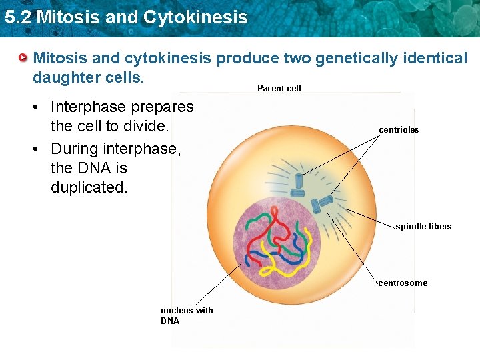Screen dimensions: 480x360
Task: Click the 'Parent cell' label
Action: (x=279, y=88)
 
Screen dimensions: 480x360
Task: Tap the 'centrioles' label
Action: (x=399, y=129)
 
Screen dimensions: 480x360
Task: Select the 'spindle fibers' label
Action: (x=423, y=226)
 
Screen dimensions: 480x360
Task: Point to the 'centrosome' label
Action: (x=403, y=283)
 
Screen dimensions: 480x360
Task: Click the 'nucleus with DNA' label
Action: (x=187, y=315)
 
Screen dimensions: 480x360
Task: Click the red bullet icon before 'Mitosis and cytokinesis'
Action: (x=24, y=59)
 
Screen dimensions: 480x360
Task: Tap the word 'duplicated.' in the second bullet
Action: (x=89, y=187)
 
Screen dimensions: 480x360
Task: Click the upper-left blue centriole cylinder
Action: (x=299, y=180)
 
